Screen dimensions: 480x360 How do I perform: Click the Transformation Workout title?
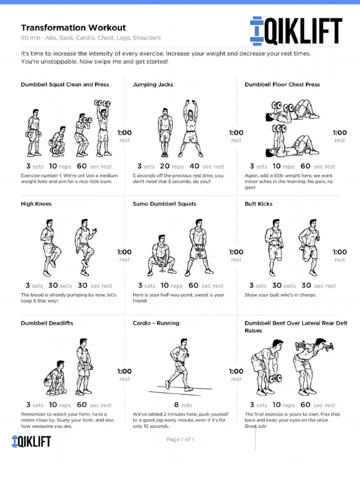click(73, 28)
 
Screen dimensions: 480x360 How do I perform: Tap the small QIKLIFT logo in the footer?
click(31, 441)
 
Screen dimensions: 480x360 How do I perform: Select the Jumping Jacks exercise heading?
click(153, 85)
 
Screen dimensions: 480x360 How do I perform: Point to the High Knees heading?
click(36, 204)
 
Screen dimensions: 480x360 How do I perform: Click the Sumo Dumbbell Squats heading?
click(164, 204)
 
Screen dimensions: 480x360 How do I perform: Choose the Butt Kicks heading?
click(258, 204)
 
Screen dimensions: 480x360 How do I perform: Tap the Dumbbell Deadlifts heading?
click(47, 323)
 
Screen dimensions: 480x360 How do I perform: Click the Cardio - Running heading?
click(156, 323)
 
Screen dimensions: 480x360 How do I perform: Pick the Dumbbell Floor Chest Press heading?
click(282, 85)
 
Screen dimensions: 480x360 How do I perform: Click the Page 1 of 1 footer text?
click(180, 440)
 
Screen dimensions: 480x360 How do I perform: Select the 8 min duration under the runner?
click(180, 405)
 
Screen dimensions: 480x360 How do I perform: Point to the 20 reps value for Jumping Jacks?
click(172, 166)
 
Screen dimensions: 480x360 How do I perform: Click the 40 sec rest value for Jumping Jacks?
click(207, 166)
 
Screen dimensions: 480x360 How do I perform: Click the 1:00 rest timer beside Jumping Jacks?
click(236, 136)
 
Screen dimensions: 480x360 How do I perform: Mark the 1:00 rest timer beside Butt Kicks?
click(340, 255)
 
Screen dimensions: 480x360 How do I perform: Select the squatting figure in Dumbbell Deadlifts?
click(56, 378)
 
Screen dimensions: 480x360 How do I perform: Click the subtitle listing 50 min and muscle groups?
click(90, 38)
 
